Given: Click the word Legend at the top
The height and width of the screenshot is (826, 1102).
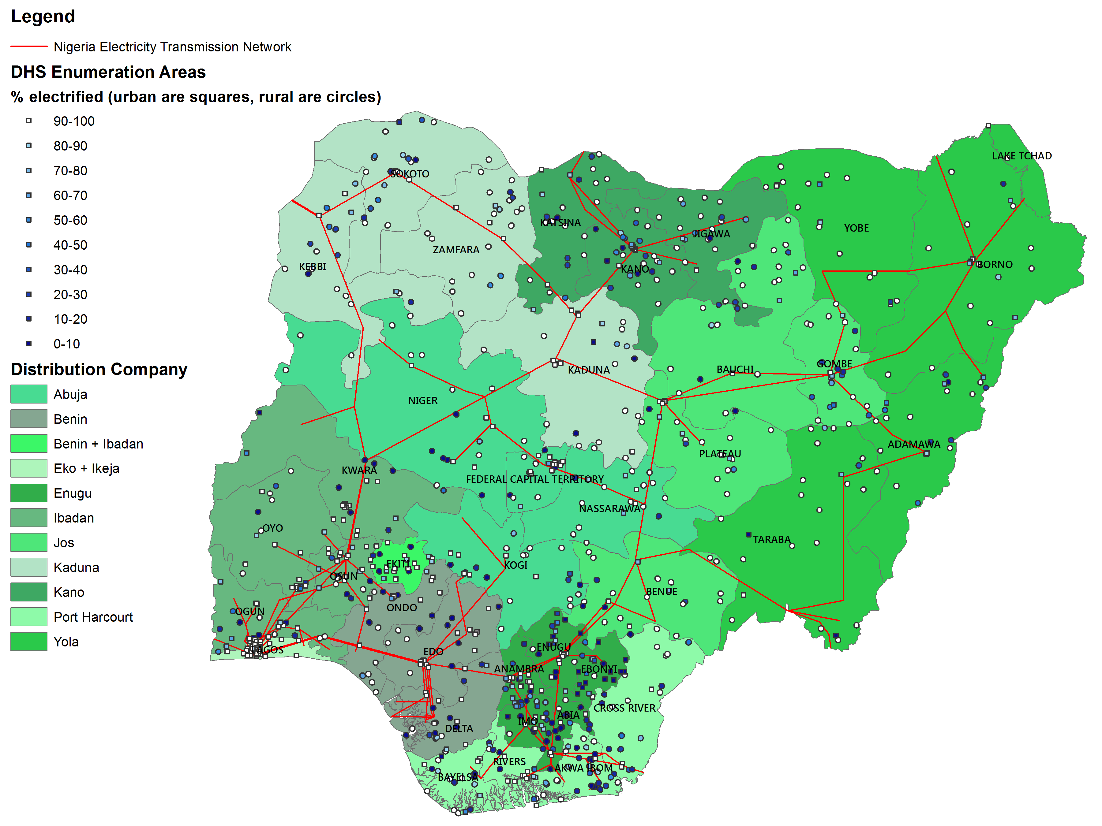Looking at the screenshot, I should click(x=43, y=17).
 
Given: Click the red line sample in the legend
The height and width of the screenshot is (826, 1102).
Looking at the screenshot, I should click(x=29, y=46).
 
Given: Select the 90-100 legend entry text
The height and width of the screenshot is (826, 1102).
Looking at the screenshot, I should click(x=74, y=121).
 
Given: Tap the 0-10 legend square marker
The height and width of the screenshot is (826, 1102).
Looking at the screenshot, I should click(x=29, y=344).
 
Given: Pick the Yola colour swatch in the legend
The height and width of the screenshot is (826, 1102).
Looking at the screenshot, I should click(x=29, y=641).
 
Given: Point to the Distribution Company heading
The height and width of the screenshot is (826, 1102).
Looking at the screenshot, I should click(x=99, y=370).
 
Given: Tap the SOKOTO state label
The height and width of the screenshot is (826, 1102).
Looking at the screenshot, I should click(x=410, y=174).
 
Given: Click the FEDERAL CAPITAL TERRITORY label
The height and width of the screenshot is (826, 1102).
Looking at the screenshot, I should click(x=534, y=479).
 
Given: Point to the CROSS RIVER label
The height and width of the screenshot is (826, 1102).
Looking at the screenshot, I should click(x=624, y=708).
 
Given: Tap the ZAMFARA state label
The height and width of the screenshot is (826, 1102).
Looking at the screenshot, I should click(x=456, y=249).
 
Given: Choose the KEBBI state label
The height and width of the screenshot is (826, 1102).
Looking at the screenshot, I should click(x=312, y=266).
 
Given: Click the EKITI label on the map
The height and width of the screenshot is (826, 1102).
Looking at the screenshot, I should click(x=398, y=564).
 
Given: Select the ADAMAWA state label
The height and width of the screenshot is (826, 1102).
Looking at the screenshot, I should click(x=914, y=444).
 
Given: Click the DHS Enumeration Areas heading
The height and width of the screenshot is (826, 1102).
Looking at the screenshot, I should click(x=108, y=72).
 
